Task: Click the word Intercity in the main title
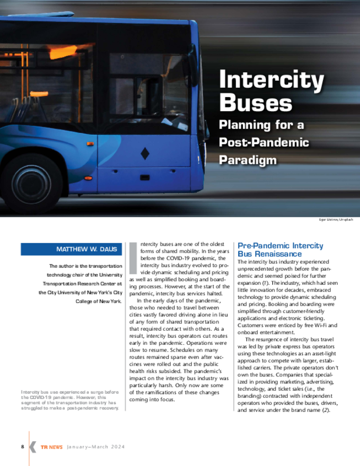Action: tap(271, 81)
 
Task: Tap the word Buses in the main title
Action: tap(255, 103)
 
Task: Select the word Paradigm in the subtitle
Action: tap(248, 160)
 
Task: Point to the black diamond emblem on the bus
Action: tap(145, 153)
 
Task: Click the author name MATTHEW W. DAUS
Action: tap(86, 249)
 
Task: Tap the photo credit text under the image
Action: tap(335, 220)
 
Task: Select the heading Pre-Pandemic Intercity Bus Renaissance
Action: tap(280, 249)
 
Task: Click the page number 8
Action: tap(22, 446)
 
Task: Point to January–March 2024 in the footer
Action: tap(96, 447)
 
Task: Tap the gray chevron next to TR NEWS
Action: tap(33, 447)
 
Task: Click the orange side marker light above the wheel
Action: tap(90, 143)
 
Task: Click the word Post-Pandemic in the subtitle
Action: tap(264, 142)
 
